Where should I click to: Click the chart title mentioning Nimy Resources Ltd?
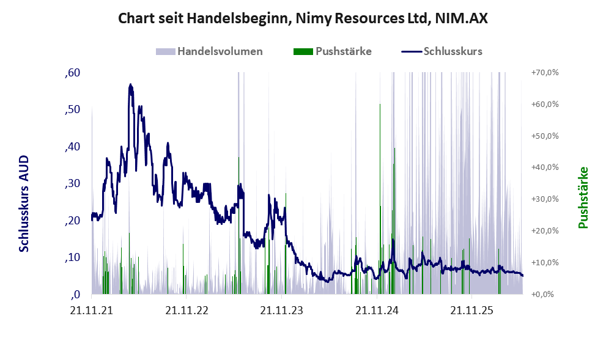303,18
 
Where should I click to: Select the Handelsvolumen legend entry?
209,51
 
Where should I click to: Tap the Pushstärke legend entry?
333,51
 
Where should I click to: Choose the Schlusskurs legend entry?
442,51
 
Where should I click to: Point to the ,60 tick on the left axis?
73,73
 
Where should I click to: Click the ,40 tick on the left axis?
73,147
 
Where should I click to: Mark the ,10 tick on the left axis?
73,257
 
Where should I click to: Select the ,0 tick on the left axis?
76,295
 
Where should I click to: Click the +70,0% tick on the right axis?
545,73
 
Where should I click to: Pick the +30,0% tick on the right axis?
545,199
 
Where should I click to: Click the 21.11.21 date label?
92,310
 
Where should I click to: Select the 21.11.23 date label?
282,310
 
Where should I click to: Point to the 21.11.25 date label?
472,310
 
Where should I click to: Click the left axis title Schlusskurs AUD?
24,204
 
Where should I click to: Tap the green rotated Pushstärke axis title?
583,197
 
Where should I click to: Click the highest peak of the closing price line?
131,84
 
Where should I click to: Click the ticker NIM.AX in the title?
462,18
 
